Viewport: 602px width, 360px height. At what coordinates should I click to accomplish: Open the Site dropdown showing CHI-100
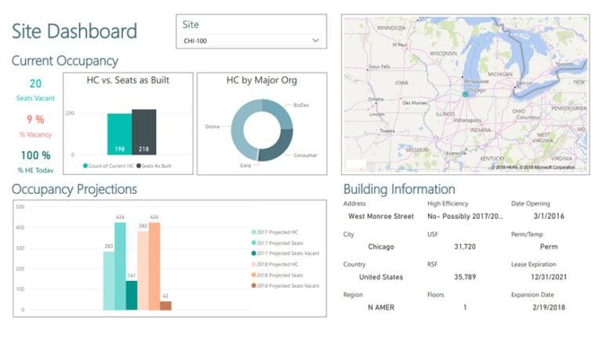coord(251,40)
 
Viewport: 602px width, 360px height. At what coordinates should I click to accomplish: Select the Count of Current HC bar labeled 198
coord(119,135)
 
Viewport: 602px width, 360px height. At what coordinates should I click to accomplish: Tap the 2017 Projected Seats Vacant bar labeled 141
coord(131,295)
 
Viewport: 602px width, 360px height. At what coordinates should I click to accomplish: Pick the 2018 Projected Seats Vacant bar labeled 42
coord(165,305)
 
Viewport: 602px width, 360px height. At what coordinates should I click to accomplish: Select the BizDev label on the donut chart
coord(301,104)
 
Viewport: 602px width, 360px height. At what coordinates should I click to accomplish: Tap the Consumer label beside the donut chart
coord(304,155)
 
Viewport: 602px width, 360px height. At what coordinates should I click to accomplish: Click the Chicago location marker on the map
coord(465,93)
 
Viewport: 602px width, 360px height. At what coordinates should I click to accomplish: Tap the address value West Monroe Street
coord(380,216)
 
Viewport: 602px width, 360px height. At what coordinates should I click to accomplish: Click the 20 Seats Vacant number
coord(35,84)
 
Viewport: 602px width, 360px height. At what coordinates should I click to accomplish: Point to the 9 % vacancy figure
coord(35,120)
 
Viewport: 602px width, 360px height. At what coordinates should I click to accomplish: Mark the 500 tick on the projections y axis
coord(20,207)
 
